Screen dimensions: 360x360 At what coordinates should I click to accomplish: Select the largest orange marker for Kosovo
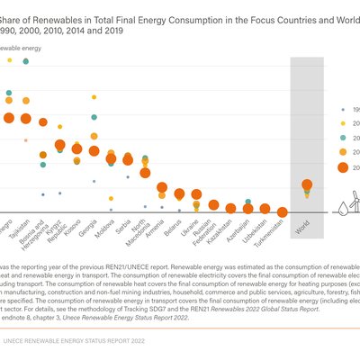(x=77, y=148)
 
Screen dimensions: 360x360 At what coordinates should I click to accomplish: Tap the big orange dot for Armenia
(x=162, y=188)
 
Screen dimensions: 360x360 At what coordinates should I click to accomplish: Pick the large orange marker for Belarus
(x=179, y=193)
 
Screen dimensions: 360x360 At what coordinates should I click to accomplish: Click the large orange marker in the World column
(x=307, y=185)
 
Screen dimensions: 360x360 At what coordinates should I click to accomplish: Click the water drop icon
(x=342, y=208)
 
